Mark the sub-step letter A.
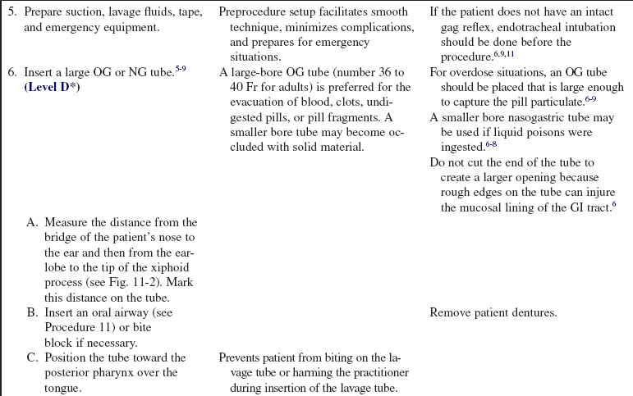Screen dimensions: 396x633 point(33,222)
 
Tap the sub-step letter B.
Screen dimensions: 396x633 point(33,312)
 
